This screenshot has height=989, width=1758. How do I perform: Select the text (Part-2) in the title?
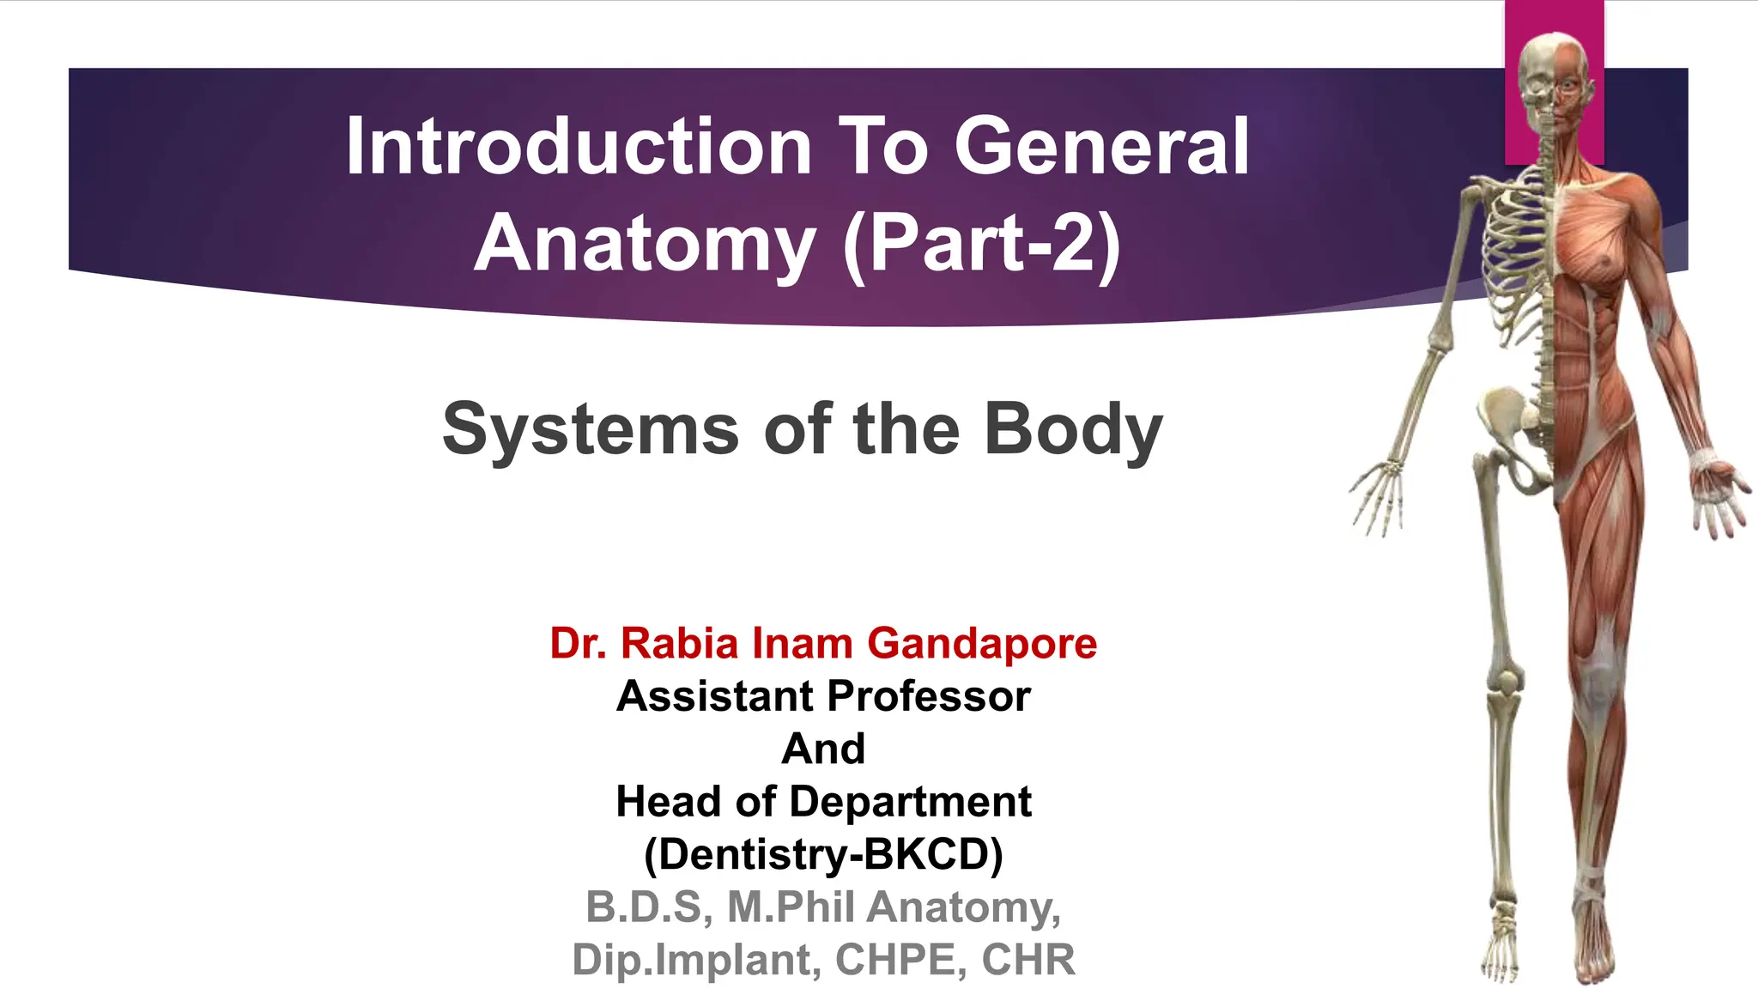(982, 245)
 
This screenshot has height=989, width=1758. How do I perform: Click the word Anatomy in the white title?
(645, 245)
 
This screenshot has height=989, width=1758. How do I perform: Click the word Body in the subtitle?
(1073, 429)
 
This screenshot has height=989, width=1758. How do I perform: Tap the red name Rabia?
(679, 643)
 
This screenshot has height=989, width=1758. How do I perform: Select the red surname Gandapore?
(982, 643)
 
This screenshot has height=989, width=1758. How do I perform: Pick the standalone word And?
(823, 749)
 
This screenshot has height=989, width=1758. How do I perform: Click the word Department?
(910, 802)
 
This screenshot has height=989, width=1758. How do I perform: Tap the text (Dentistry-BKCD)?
(823, 854)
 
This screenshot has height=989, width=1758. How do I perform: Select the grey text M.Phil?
(791, 907)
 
